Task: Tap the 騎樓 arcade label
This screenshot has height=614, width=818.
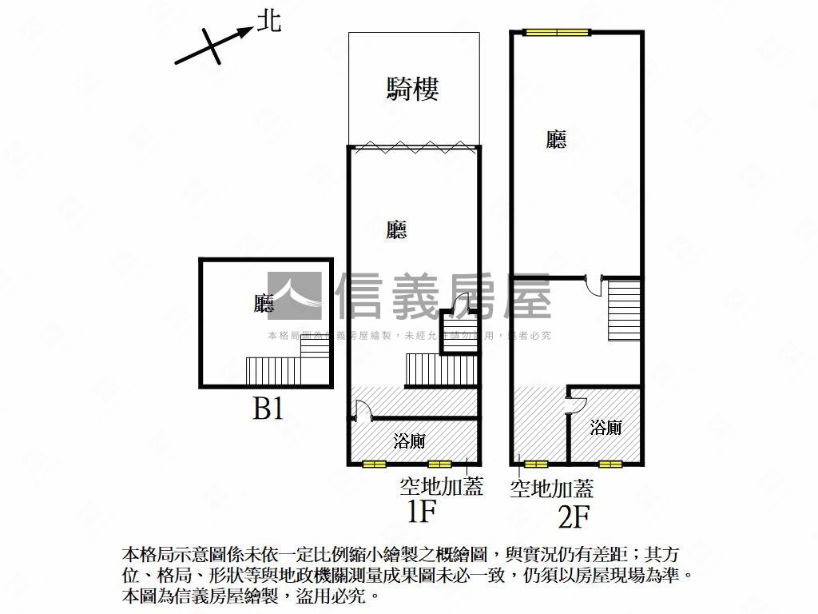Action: [413, 88]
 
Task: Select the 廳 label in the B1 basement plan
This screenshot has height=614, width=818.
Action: [264, 304]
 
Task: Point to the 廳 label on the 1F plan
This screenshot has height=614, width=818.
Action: [396, 230]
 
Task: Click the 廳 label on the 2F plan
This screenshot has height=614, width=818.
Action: [557, 140]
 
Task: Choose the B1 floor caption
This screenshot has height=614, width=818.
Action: [268, 409]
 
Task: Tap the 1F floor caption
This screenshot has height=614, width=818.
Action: [421, 512]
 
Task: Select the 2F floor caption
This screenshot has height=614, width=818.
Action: [574, 518]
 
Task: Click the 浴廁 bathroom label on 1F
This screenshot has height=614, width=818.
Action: [409, 441]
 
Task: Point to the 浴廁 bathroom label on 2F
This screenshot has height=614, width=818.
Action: [606, 428]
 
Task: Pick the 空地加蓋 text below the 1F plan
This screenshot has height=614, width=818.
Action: [441, 486]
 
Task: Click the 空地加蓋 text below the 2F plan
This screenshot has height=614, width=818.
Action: [551, 488]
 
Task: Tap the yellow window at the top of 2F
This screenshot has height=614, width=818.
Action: [557, 33]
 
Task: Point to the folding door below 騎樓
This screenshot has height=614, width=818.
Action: [414, 147]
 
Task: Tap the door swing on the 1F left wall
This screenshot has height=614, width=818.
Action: [359, 411]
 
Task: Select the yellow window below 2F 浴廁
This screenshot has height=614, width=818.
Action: [610, 464]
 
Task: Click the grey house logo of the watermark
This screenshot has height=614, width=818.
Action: [295, 297]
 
